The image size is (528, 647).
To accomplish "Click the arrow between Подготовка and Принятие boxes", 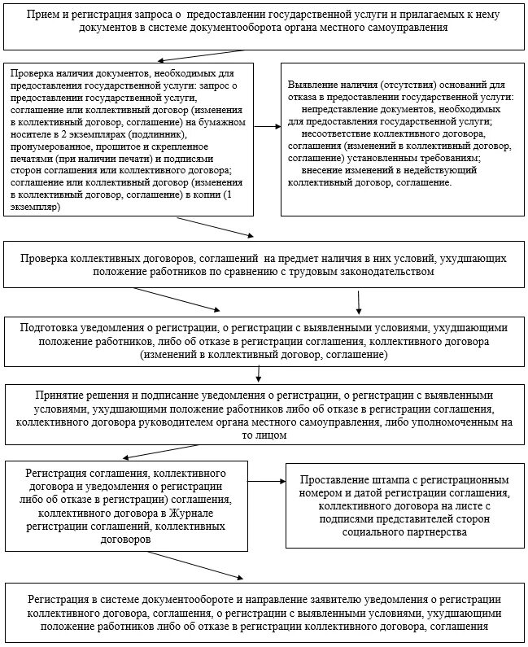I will tap(259, 374).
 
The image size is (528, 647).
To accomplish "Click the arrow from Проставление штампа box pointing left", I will tap(268, 482).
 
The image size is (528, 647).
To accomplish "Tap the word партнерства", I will tap(435, 532).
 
